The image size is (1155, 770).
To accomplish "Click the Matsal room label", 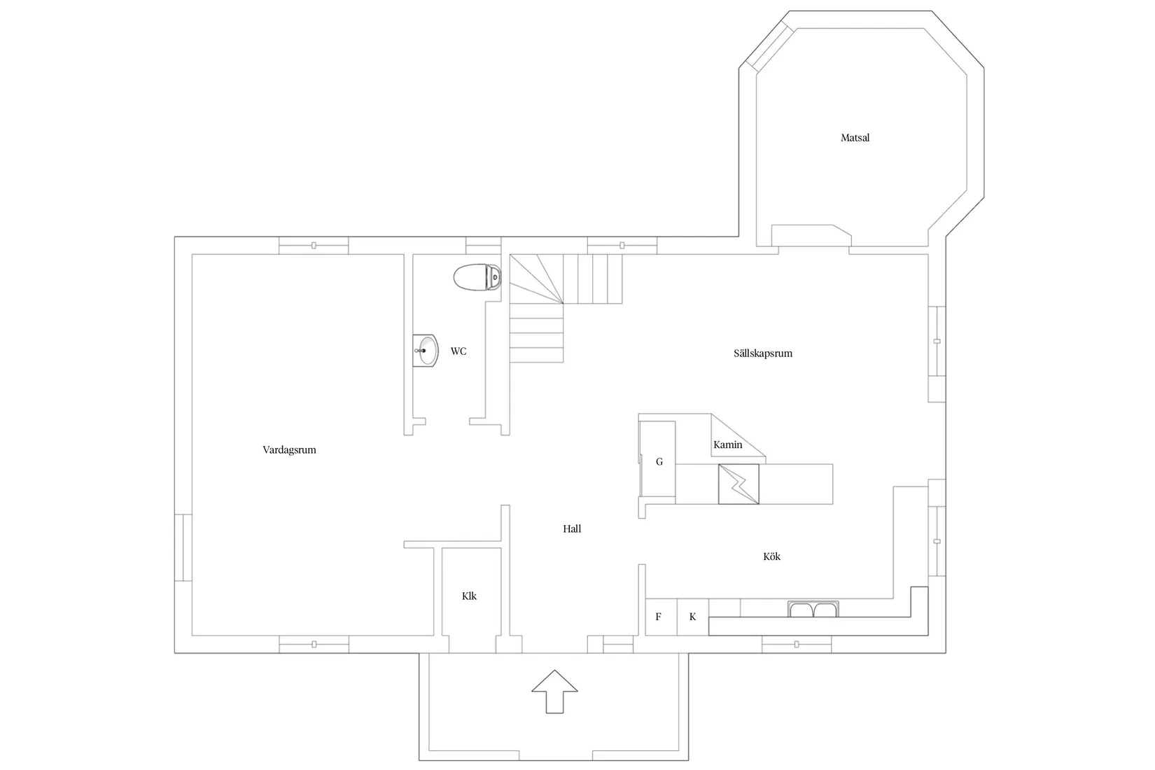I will (x=855, y=138).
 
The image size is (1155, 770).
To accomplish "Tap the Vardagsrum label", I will (x=289, y=450).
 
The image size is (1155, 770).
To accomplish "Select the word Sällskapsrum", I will (x=762, y=353).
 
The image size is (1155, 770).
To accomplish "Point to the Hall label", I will (x=572, y=529).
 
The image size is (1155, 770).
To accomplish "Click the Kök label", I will (x=771, y=556).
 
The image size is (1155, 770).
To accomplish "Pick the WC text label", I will (x=458, y=351).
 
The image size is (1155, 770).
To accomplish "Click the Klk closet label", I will (x=469, y=596).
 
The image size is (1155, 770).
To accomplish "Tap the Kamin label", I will (x=727, y=444).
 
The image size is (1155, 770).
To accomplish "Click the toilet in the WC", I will (x=478, y=277).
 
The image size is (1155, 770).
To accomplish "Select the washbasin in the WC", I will (x=426, y=350).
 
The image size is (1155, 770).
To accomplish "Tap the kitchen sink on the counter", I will (x=813, y=609).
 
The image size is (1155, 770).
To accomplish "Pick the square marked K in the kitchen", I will (x=693, y=617).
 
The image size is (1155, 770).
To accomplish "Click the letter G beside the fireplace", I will (x=659, y=462).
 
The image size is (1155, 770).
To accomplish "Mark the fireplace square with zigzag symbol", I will (x=738, y=484).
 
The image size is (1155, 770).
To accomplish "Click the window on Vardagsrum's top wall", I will (x=314, y=245).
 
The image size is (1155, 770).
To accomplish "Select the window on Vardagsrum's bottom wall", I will (x=314, y=644).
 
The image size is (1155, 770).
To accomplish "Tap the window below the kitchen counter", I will (x=797, y=644).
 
